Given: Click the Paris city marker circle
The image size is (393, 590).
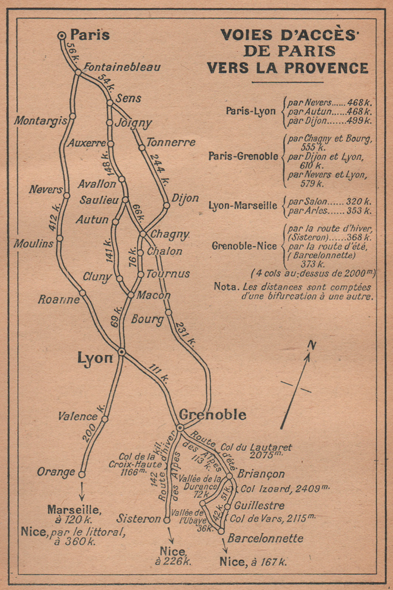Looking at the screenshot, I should pos(62,35).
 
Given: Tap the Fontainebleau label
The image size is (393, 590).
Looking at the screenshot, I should pos(122,67).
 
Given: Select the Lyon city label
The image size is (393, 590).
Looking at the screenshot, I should pos(95,357).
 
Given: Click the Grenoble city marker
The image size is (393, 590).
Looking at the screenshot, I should pos(180,427).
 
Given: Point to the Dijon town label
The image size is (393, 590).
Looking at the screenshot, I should pos(185,198).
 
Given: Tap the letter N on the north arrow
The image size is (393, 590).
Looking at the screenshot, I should pos(312,345).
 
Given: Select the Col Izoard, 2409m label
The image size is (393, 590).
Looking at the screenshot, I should pos(285,489).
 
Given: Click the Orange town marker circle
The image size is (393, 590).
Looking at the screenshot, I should pos(82,475).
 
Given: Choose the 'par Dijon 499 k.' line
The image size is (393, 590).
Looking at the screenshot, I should pos(330,121).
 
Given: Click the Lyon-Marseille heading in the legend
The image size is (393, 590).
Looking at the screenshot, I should pos(243,206).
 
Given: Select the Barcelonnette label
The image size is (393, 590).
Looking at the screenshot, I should pos(265,538).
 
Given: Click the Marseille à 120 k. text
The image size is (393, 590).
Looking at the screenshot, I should pos(74,514).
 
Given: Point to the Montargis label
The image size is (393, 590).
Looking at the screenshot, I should pos(41,121).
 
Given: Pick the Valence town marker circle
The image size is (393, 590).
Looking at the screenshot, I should pos(105,419).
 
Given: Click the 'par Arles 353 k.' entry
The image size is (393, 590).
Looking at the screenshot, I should pos(330,211).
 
